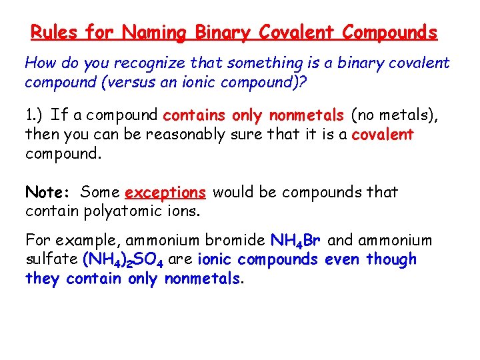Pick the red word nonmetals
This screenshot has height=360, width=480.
pyautogui.click(x=306, y=115)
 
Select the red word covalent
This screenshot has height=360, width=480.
pyautogui.click(x=383, y=135)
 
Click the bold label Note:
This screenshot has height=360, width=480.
pyautogui.click(x=48, y=193)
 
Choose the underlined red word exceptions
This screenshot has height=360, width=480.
pyautogui.click(x=165, y=193)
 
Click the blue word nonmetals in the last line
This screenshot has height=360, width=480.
pyautogui.click(x=203, y=278)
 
